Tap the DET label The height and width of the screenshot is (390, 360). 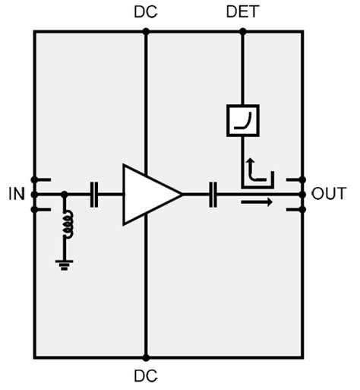click(242, 12)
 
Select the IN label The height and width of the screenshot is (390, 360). click(17, 195)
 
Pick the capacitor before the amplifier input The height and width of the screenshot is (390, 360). click(95, 195)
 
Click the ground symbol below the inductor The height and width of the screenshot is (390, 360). click(65, 264)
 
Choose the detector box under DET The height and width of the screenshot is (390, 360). click(243, 121)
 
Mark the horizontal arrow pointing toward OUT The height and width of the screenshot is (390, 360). click(256, 202)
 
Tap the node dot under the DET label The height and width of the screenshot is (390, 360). click(242, 31)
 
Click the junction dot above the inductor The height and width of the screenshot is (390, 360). click(65, 195)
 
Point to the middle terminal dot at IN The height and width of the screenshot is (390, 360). click(34, 195)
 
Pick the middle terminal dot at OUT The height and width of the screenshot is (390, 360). click(303, 195)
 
